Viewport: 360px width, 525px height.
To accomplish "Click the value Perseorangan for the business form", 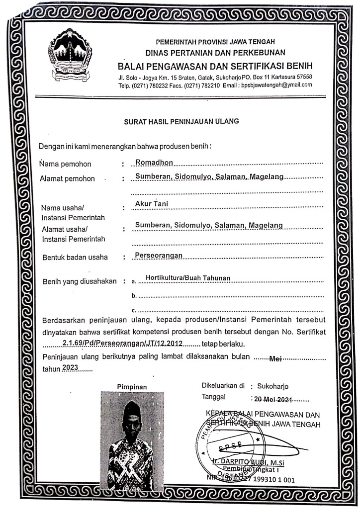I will click(159, 256).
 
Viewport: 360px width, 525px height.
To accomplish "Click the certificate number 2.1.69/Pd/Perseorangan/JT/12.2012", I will click(123, 343).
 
